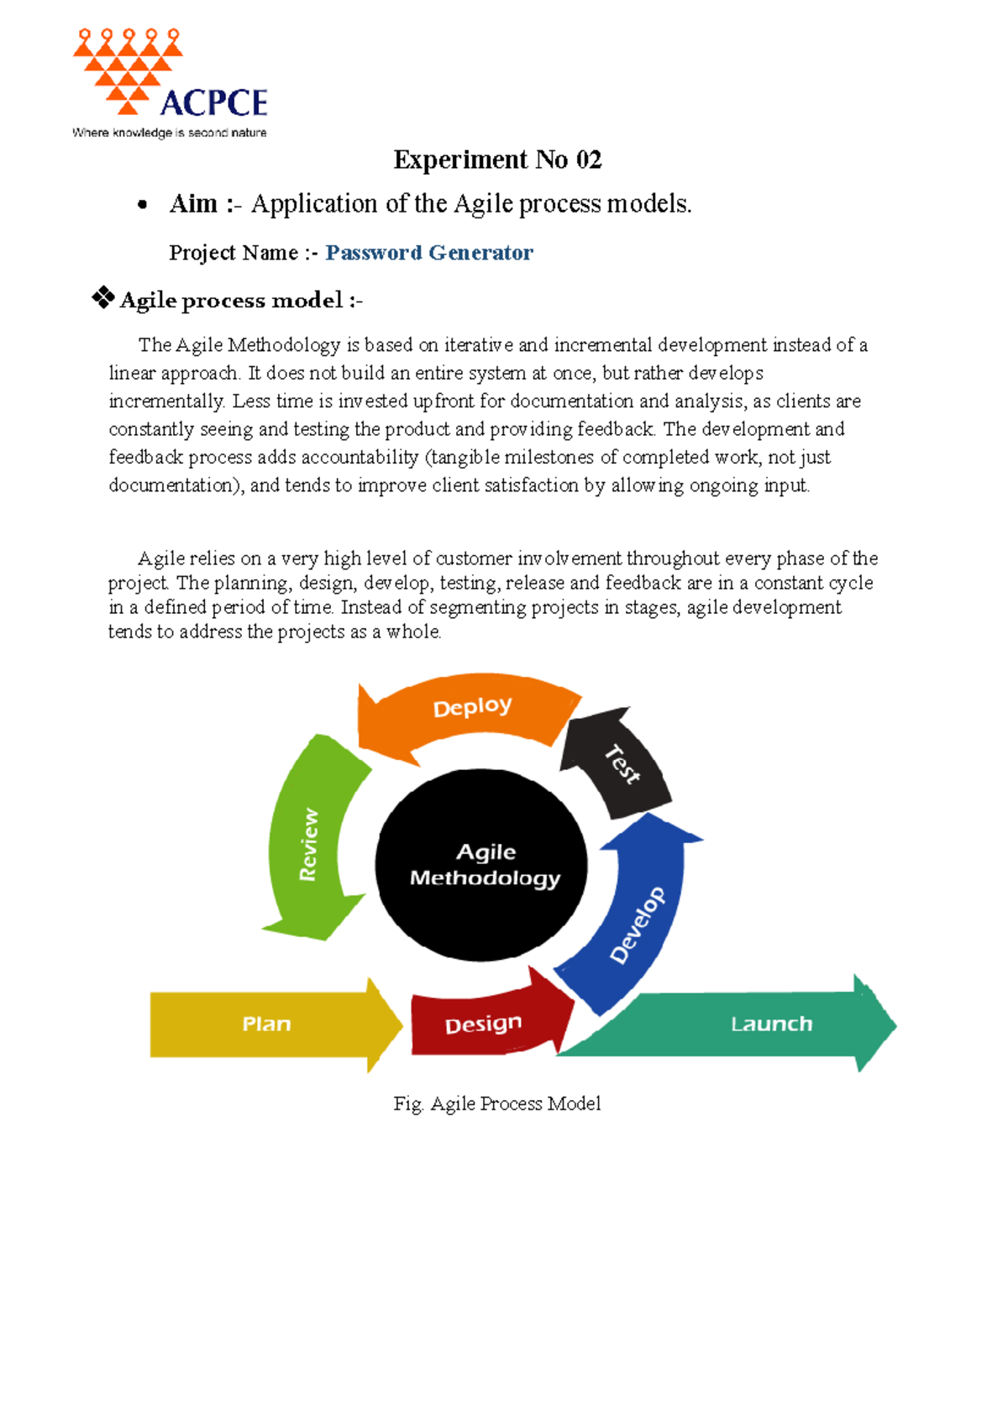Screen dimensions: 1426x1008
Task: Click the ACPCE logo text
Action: (213, 102)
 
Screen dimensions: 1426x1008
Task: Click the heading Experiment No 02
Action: (497, 160)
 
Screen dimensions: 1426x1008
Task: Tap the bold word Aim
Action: (193, 204)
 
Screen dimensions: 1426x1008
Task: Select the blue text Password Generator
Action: (428, 253)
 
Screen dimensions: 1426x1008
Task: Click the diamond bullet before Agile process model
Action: (102, 297)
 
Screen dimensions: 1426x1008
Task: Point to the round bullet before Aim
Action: (143, 205)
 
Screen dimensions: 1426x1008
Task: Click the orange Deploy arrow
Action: (470, 710)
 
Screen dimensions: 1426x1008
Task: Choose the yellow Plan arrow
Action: (267, 1024)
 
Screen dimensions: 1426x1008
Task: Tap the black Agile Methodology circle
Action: (481, 865)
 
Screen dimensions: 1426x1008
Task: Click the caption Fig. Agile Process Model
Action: (497, 1104)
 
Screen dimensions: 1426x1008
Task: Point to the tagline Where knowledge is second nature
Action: (170, 133)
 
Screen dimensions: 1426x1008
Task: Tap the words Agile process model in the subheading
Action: (232, 301)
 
